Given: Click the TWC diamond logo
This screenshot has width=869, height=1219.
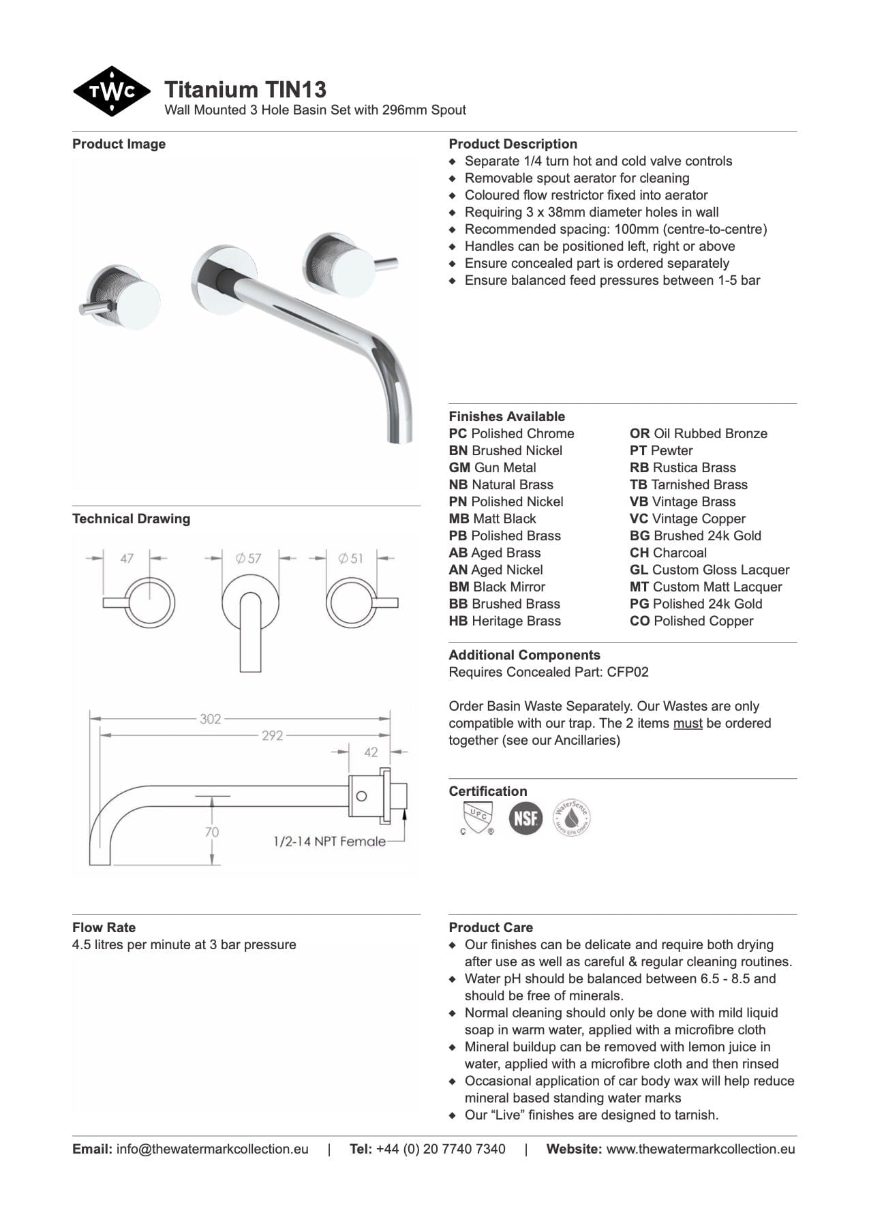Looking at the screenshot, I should point(111,91).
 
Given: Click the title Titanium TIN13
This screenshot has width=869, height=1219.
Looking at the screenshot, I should point(245,89).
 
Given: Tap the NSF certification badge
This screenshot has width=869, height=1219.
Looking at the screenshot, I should point(525,818).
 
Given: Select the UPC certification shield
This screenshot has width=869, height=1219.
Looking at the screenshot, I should point(476,817).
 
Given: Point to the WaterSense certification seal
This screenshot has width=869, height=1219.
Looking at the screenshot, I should point(571,817).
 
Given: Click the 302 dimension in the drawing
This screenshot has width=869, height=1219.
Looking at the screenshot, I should point(210,719).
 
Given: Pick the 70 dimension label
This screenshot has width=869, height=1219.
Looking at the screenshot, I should point(212,832).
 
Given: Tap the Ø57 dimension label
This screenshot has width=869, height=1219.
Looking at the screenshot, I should point(249,558).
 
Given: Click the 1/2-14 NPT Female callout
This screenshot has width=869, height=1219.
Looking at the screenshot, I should point(329,842).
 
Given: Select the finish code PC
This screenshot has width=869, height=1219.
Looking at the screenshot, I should point(457,434).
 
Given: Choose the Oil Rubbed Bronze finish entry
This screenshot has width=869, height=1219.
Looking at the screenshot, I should point(698,434).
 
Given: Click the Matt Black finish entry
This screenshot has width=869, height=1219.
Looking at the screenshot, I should point(492,519).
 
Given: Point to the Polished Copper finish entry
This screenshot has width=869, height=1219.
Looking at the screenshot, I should point(691,621).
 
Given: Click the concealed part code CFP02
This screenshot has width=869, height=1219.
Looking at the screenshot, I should point(627,673).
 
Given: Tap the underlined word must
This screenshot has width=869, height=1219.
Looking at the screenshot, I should point(687,724).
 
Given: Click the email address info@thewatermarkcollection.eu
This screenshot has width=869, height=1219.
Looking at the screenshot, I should point(212,1149).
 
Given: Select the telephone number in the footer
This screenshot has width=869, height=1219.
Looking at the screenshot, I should point(440,1149).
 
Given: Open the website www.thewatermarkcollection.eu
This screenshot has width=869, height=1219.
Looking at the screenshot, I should point(700,1149).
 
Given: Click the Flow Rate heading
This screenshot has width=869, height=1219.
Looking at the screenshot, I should point(104,927).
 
